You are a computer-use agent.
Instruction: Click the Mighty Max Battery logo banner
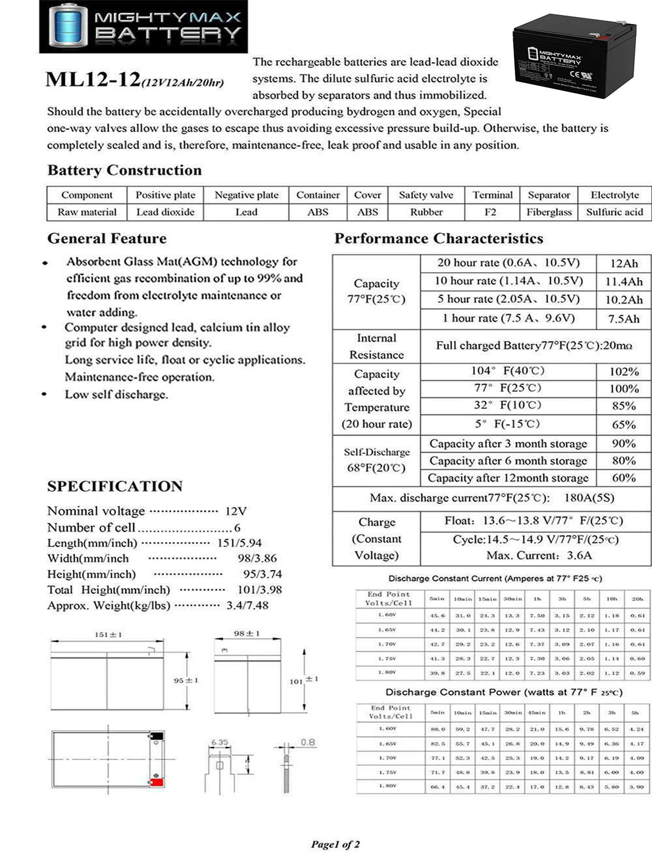click(143, 27)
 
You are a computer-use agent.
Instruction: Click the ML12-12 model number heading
click(93, 80)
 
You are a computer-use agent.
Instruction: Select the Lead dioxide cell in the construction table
click(165, 212)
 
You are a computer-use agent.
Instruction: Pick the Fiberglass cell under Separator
click(548, 212)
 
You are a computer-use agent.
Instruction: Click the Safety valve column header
click(426, 195)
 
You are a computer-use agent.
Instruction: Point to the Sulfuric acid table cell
click(614, 212)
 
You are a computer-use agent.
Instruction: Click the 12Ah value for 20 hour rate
click(624, 263)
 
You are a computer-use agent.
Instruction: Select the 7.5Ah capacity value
click(624, 319)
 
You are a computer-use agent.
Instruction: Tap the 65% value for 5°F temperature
click(624, 425)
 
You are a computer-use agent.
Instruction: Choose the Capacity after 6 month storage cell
click(508, 461)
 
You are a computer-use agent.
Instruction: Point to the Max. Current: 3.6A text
click(539, 555)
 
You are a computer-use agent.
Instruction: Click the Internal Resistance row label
click(376, 346)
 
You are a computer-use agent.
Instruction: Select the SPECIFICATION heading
click(115, 486)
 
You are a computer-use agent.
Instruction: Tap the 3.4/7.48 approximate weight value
click(247, 605)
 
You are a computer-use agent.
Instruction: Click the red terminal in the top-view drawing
click(156, 781)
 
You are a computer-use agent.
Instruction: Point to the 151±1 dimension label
click(108, 634)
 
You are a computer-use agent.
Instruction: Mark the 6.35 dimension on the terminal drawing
click(219, 742)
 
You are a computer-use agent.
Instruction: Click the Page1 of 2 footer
click(335, 844)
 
